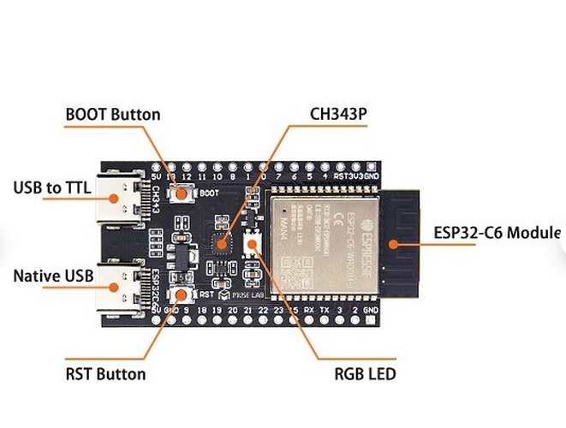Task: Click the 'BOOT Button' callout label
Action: (113, 114)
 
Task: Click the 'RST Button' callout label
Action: (105, 374)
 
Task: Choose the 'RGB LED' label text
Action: (365, 374)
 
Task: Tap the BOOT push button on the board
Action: (182, 193)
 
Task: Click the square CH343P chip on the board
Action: (222, 244)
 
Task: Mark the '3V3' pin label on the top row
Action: (352, 175)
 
